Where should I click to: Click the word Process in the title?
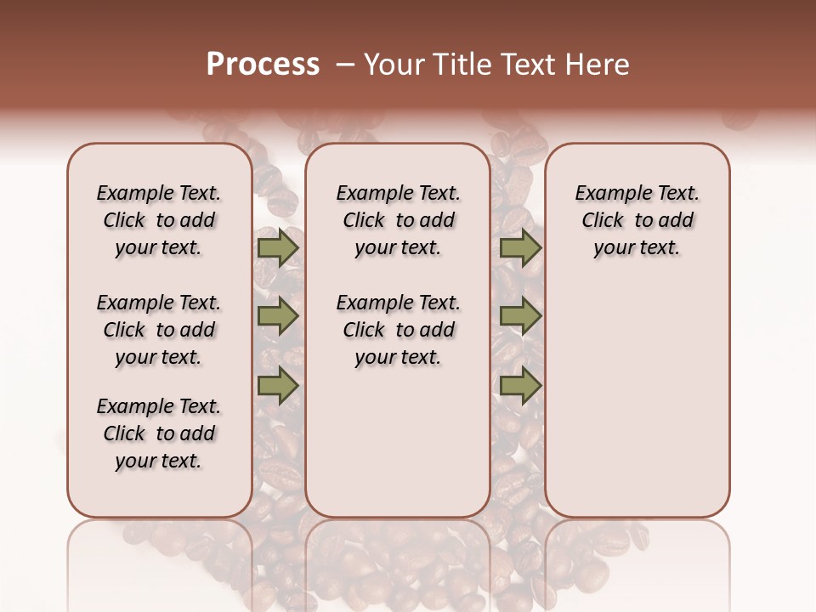(263, 64)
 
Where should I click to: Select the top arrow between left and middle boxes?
(278, 247)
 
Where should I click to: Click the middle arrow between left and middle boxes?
(278, 316)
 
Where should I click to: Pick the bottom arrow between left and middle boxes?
(278, 385)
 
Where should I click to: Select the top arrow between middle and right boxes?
(520, 247)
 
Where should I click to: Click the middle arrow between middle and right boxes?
(520, 316)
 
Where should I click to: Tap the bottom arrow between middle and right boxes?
(520, 385)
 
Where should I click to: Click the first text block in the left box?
(159, 220)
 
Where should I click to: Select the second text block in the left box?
(159, 330)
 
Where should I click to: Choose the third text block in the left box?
(159, 433)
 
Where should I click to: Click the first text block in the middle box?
(398, 220)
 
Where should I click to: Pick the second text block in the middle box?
(398, 330)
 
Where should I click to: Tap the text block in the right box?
(637, 220)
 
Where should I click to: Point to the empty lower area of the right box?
(637, 399)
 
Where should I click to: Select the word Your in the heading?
(394, 65)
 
